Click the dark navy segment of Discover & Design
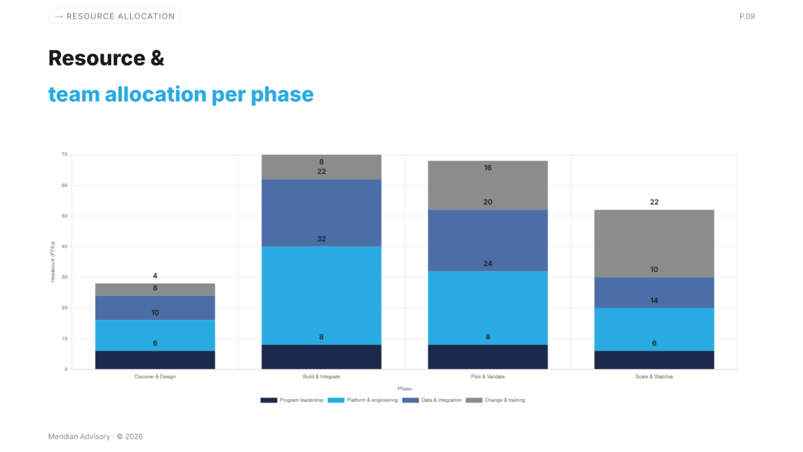coord(155,360)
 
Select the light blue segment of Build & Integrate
coord(321,295)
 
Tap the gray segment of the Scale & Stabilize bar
coord(654,244)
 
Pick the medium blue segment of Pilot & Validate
coord(488,240)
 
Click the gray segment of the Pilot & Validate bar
coord(488,185)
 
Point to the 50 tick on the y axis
coord(64,216)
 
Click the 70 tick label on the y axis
coord(64,155)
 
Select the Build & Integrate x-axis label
coord(321,376)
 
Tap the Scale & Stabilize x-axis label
coord(654,376)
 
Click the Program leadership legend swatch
coord(268,400)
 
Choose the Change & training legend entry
coord(495,400)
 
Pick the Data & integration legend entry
coord(432,400)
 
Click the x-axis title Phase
coord(404,388)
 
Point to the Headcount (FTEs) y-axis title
coord(53,262)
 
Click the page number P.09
coord(747,16)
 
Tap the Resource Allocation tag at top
coord(115,16)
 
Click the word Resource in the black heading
coord(96,58)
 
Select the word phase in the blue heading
coord(282,94)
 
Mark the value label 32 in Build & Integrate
coord(321,239)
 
